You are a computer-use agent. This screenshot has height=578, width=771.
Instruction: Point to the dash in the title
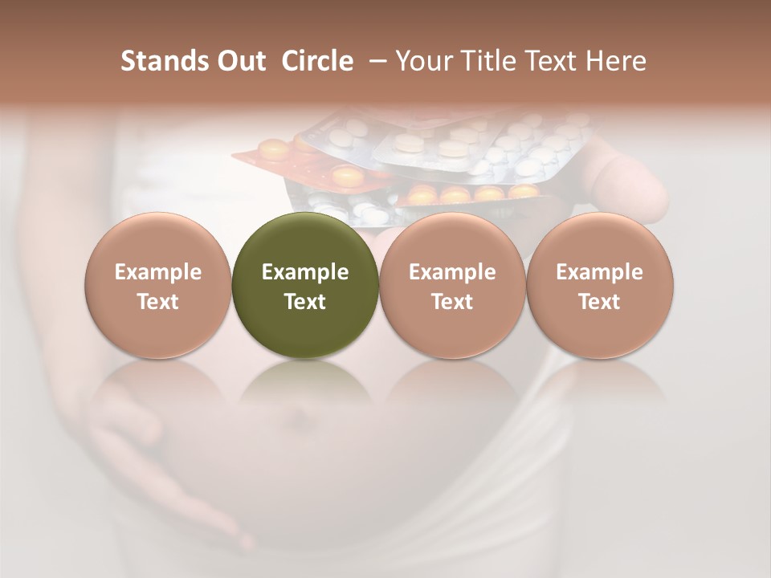374,62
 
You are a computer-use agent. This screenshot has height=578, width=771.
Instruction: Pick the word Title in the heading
488,61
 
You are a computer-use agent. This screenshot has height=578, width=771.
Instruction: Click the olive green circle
305,285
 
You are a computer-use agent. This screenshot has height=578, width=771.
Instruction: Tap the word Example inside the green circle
305,272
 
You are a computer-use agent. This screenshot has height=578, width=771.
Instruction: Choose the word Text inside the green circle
305,302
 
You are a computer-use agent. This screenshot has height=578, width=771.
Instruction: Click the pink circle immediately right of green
452,285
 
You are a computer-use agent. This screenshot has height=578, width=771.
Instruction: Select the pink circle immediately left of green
158,285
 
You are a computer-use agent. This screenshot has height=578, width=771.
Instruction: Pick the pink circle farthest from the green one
600,285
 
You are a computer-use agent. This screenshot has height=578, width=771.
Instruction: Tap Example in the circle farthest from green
600,272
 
